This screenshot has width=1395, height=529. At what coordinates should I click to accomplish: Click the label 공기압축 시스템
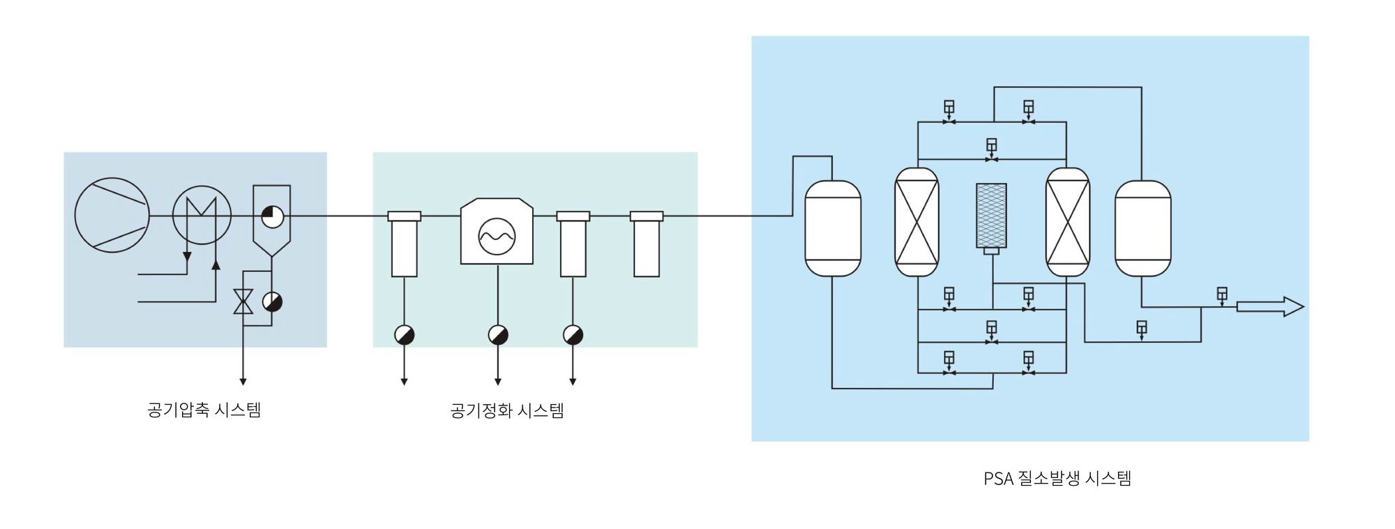[x=204, y=410]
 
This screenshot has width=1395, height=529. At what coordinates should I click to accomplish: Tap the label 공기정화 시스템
[x=507, y=410]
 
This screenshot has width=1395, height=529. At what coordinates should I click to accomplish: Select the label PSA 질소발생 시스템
[x=1057, y=479]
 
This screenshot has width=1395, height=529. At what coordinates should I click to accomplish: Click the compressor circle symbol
[x=112, y=215]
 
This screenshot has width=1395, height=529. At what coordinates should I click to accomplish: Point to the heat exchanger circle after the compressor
[x=202, y=215]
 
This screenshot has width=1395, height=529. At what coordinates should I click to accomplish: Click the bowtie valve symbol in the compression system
[x=243, y=301]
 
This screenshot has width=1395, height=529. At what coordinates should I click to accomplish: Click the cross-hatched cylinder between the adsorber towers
[x=991, y=215]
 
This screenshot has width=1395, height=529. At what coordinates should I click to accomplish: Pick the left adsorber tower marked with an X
[x=917, y=222]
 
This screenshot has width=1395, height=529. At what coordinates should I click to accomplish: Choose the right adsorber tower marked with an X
[x=1067, y=222]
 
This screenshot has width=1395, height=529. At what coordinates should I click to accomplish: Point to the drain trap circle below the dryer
[x=498, y=335]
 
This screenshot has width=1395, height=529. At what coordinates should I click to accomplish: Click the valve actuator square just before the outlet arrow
[x=1221, y=294]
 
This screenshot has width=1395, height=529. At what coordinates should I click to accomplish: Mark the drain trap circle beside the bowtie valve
[x=272, y=301]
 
